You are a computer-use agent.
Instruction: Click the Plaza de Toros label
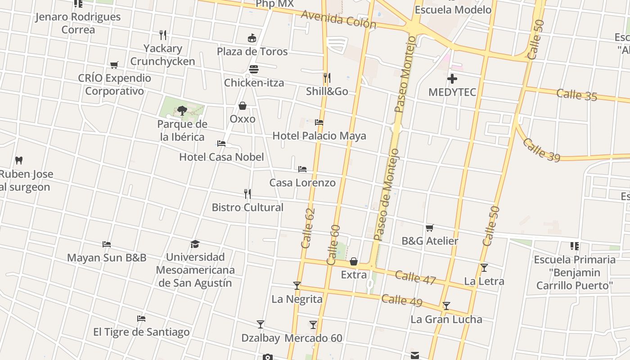(x=252, y=51)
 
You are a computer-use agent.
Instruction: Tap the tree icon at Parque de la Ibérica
(x=182, y=110)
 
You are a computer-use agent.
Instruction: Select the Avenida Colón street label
(x=338, y=19)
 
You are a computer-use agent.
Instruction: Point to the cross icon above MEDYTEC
(x=452, y=79)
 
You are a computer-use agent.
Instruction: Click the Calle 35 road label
(x=576, y=95)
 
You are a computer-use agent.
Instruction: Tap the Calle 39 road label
(x=541, y=150)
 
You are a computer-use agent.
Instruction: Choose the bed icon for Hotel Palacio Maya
(x=319, y=122)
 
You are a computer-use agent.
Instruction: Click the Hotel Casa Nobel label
(x=221, y=157)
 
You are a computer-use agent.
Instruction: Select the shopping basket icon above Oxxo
(x=243, y=106)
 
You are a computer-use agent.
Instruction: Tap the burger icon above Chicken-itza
(x=254, y=69)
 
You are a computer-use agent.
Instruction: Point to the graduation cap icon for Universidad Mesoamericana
(x=195, y=244)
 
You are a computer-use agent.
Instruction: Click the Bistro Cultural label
(x=247, y=207)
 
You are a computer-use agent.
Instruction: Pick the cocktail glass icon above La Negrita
(x=297, y=285)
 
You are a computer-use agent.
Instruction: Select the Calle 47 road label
(x=415, y=277)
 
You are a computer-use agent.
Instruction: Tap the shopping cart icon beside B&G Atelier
(x=430, y=228)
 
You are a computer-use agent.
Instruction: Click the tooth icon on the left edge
(x=19, y=160)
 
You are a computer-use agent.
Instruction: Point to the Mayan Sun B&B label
(x=107, y=258)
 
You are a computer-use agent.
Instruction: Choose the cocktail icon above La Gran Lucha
(x=446, y=306)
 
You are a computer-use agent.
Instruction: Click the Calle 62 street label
(x=308, y=228)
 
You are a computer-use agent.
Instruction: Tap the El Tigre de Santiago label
(x=141, y=332)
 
